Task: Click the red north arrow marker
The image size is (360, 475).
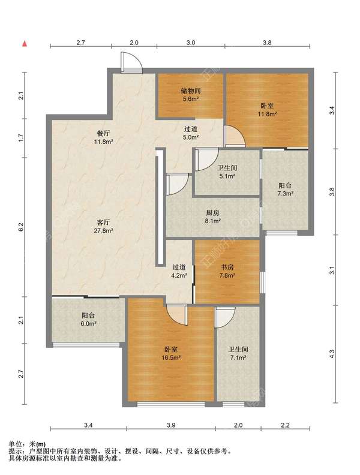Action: point(25,44)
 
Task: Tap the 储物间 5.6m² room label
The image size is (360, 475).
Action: point(191,95)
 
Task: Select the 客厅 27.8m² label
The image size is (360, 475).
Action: point(103,227)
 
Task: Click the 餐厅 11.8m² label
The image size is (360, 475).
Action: point(103,137)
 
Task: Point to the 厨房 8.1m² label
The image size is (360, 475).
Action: point(212,217)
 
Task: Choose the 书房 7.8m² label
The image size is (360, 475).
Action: point(227,271)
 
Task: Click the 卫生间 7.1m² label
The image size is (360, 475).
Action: point(238,353)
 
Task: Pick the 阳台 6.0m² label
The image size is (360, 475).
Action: point(88,319)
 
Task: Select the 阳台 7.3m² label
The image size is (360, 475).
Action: point(285,190)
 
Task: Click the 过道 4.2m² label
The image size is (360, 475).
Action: point(178,271)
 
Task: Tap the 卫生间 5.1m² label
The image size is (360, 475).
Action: point(227,172)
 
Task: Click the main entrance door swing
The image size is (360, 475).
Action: point(131,62)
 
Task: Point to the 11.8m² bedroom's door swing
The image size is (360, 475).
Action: point(235,136)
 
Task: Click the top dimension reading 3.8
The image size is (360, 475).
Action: point(267,43)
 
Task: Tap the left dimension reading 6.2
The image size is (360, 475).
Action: point(20,227)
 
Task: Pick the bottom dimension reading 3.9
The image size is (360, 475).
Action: point(171,425)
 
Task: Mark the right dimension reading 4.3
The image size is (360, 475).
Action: point(332,354)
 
